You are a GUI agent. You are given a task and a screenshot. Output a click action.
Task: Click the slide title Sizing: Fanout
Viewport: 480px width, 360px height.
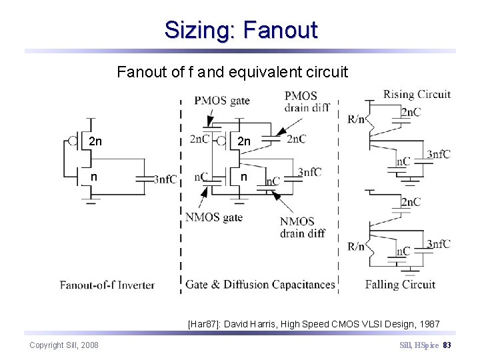(241, 30)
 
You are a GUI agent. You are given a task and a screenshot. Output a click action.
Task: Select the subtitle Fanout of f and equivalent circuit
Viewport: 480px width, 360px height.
(232, 71)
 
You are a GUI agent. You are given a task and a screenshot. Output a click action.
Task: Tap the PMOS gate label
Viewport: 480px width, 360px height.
(222, 101)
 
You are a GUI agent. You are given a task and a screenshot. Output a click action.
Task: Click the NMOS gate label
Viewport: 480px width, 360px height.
(213, 217)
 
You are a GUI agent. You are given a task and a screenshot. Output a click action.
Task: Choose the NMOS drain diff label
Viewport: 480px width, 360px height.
(302, 227)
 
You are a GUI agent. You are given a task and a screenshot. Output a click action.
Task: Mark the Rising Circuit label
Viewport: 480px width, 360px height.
(417, 95)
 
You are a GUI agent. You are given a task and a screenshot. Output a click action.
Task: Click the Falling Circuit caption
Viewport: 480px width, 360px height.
(400, 285)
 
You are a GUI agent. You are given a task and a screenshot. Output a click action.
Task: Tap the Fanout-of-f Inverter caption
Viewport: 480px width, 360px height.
(107, 285)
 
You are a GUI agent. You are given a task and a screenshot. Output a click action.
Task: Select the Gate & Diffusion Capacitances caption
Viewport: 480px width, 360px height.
(260, 285)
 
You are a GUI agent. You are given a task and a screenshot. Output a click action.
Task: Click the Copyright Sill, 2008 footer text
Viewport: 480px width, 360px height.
(64, 345)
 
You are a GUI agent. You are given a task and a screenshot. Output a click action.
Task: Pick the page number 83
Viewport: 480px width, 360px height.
(447, 345)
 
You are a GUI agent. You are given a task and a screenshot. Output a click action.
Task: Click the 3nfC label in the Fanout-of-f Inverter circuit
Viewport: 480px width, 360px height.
(165, 179)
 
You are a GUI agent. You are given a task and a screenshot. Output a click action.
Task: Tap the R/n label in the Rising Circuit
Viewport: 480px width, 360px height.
(356, 119)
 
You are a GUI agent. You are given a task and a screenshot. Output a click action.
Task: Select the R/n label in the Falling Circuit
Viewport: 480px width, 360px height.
(356, 246)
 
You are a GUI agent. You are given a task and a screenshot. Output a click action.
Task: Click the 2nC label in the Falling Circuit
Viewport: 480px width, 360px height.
(411, 202)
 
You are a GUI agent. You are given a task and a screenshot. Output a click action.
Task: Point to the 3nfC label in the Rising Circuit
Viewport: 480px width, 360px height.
(439, 155)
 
